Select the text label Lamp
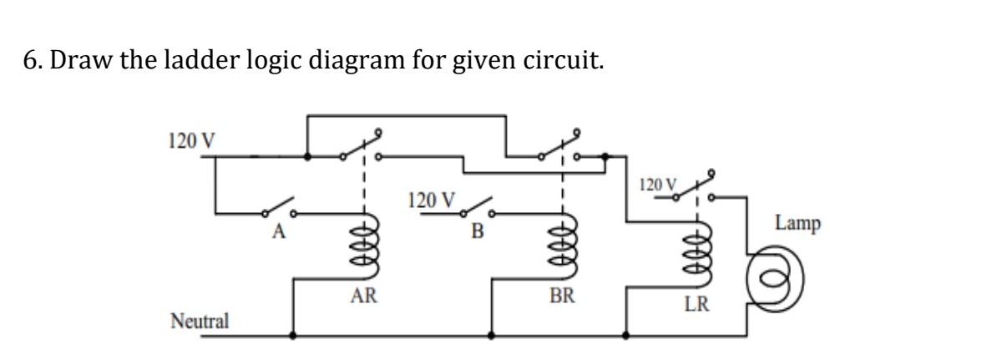[797, 224]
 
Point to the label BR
[560, 296]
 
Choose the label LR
[696, 305]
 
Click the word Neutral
[200, 320]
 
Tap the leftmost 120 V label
[192, 139]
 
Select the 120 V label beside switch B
[431, 200]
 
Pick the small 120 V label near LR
[656, 183]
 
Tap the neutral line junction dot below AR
[292, 337]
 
